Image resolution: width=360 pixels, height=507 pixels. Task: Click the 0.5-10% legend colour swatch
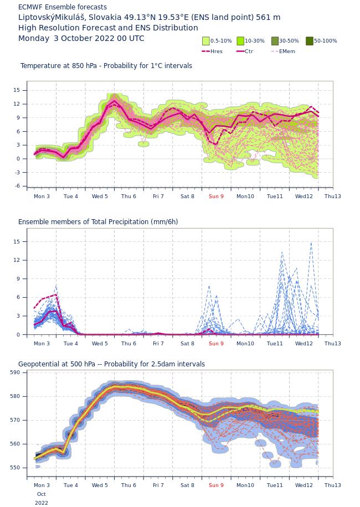(x=206, y=41)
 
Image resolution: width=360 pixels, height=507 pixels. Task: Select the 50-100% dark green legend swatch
(x=310, y=41)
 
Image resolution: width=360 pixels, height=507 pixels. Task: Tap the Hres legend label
(x=217, y=51)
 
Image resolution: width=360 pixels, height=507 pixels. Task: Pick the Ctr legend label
(x=249, y=51)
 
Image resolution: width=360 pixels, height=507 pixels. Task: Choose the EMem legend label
(x=287, y=51)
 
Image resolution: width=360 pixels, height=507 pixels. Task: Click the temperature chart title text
(x=106, y=66)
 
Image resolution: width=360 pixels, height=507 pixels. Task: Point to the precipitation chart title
(x=98, y=222)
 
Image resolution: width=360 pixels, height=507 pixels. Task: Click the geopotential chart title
(x=111, y=364)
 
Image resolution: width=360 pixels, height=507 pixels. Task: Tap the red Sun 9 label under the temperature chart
(x=216, y=196)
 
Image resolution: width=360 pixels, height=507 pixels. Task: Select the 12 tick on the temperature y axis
(x=17, y=104)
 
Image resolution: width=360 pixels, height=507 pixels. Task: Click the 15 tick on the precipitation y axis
(x=17, y=241)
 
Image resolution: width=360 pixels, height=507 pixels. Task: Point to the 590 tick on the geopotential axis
(x=15, y=373)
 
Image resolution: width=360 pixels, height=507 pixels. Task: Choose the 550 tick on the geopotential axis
(x=15, y=468)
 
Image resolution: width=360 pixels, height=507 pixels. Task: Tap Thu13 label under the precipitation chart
(x=333, y=343)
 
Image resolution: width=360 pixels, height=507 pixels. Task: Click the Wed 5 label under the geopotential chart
(x=100, y=485)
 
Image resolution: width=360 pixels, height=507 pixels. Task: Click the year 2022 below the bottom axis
(x=42, y=503)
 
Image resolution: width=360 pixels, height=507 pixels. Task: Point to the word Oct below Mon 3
(x=42, y=494)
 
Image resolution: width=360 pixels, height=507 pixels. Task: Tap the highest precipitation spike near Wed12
(x=311, y=243)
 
